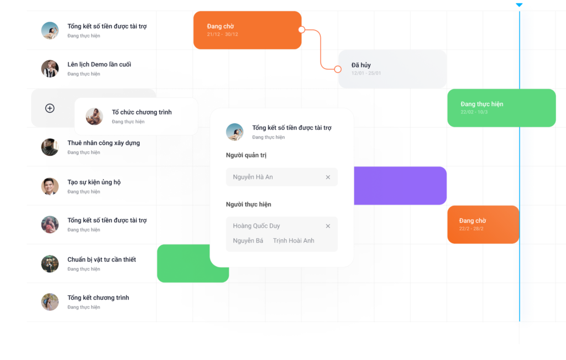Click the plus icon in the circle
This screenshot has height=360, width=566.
50,108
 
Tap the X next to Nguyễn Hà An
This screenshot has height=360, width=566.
328,177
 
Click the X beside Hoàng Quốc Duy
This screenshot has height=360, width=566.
328,226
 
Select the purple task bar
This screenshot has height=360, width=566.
400,186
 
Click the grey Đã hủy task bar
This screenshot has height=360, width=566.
392,69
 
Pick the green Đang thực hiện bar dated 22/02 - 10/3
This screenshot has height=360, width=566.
501,108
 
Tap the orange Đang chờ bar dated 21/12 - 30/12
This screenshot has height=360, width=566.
247,30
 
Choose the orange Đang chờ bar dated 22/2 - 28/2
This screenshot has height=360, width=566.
483,224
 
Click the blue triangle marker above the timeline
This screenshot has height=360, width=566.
519,5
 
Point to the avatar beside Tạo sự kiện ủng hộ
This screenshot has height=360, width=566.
50,186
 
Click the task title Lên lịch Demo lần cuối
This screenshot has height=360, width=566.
99,64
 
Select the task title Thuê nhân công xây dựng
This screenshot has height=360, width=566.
103,143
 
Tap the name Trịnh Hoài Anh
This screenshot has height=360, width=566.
294,241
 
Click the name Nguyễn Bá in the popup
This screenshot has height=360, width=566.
248,241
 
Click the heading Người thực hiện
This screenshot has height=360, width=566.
248,205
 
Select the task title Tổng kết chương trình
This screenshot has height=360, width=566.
98,298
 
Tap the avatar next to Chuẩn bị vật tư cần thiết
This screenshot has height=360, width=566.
50,264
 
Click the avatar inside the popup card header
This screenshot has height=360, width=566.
234,132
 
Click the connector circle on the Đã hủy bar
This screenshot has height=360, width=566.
338,69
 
